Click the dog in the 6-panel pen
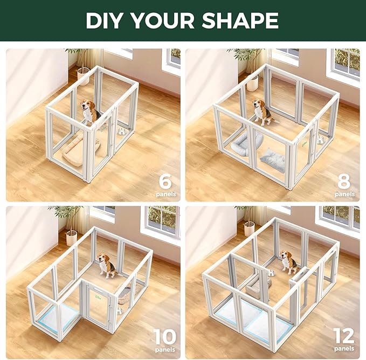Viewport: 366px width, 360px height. tap(89, 112)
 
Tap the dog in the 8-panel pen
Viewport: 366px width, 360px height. tap(262, 112)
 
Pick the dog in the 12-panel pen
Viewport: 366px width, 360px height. tap(288, 262)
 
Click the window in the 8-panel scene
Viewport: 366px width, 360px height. tap(345, 65)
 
